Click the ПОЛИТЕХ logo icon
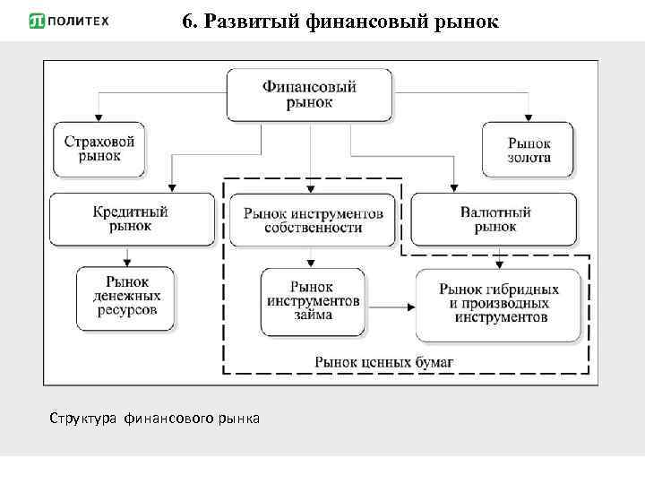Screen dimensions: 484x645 [39, 21]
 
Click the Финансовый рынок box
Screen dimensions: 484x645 [310, 94]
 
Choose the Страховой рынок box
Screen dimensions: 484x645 [99, 148]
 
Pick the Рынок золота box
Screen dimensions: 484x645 [529, 150]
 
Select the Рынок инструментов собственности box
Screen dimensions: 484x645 [313, 220]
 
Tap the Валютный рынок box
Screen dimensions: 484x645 [495, 220]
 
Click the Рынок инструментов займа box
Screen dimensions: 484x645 [312, 301]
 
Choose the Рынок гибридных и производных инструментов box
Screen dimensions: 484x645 [500, 303]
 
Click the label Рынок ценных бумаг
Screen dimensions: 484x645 [383, 361]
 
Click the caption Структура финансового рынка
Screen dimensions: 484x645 [155, 419]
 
